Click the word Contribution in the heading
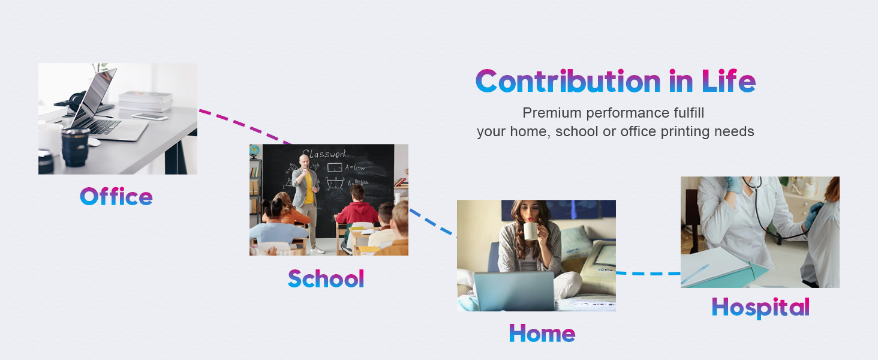pyautogui.click(x=569, y=81)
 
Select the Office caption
pyautogui.click(x=116, y=196)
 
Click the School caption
pyautogui.click(x=326, y=278)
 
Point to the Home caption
pyautogui.click(x=542, y=334)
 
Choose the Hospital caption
pyautogui.click(x=760, y=307)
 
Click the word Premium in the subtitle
pyautogui.click(x=552, y=113)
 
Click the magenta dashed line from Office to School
pyautogui.click(x=245, y=126)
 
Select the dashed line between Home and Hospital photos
pyautogui.click(x=648, y=274)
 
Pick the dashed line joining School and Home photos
pyautogui.click(x=433, y=223)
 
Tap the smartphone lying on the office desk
pyautogui.click(x=150, y=117)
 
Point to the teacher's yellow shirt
pyautogui.click(x=309, y=187)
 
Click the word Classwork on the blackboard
pyautogui.click(x=324, y=154)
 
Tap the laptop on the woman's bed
pyautogui.click(x=514, y=290)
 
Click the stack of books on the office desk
pyautogui.click(x=145, y=101)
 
